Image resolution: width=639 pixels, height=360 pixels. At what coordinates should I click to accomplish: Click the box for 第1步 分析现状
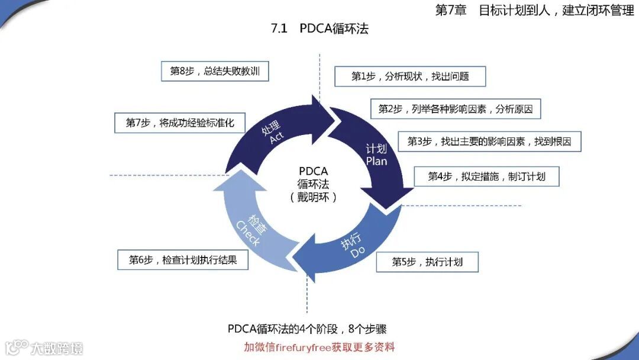(410, 76)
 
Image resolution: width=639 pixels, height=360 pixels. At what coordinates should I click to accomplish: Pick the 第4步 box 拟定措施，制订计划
(486, 176)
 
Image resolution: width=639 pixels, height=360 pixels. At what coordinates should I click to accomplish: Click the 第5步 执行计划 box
(427, 262)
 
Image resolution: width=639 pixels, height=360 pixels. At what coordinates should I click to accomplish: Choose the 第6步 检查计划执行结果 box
(183, 259)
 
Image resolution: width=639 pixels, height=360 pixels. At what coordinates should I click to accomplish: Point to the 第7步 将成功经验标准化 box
(180, 123)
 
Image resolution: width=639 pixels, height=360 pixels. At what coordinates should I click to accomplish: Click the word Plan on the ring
(376, 160)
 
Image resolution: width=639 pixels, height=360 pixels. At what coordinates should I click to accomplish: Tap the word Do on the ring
(358, 253)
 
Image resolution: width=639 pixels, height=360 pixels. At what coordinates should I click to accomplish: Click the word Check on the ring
(248, 233)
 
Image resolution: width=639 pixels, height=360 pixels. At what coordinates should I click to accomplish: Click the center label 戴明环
(314, 197)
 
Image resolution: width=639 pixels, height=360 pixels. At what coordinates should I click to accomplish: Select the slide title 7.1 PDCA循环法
(319, 28)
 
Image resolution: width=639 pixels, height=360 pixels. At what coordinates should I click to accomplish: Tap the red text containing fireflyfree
(319, 347)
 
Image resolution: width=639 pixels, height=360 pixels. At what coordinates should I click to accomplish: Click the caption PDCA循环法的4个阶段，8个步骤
(307, 329)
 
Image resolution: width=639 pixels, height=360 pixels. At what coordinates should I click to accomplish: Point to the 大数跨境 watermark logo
(44, 347)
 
